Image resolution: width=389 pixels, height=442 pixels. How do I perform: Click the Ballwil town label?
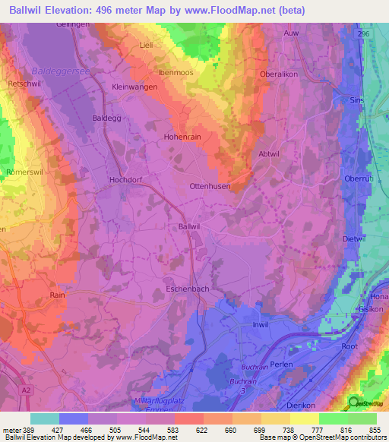pos(188,226)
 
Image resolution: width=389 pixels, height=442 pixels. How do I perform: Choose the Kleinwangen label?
pos(134,87)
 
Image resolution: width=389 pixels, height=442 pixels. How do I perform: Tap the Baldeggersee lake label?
pos(55,71)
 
